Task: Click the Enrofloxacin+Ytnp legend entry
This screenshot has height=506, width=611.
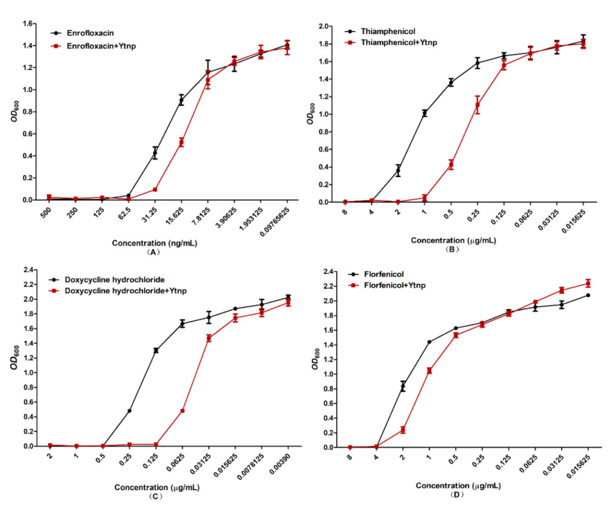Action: point(101,46)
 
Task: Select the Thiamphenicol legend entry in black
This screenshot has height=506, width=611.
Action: point(387,31)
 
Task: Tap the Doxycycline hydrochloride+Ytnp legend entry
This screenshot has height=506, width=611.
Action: point(125,291)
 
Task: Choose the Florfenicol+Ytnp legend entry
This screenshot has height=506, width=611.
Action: point(394,286)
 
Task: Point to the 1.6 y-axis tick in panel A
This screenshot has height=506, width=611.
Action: point(28,24)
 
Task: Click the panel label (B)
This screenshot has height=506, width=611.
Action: point(452,249)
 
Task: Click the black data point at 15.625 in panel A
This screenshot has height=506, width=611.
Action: point(181,100)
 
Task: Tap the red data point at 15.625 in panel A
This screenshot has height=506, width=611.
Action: point(181,142)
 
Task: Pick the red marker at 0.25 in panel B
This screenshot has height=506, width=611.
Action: point(477,105)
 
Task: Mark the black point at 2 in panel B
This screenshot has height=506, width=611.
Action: point(398,170)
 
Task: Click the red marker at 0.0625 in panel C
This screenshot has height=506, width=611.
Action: point(182,411)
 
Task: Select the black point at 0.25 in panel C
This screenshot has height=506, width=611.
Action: point(129,411)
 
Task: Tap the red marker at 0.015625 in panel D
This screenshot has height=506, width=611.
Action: point(588,283)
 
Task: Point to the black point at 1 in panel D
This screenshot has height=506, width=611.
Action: point(429,342)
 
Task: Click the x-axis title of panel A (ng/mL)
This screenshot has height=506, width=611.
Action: point(154,243)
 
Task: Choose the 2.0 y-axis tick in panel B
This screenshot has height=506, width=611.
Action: point(323,27)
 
